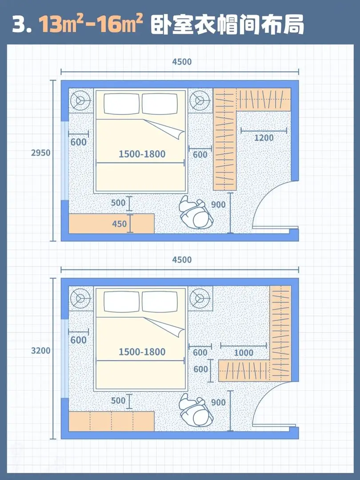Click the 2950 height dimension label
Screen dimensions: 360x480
pos(40,152)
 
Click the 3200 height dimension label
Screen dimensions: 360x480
pos(40,350)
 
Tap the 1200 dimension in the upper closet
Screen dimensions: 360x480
pos(264,138)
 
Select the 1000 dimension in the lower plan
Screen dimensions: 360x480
pos(244,352)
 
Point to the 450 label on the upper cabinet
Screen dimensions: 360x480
pos(120,224)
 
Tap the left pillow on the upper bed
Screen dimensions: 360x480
pos(122,104)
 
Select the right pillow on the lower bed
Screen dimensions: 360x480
pos(160,302)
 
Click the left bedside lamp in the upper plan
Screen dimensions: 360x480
pos(80,100)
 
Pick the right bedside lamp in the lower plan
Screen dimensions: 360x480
pos(200,299)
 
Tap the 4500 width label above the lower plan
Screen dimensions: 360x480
pos(182,260)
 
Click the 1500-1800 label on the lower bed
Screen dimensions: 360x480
pos(142,352)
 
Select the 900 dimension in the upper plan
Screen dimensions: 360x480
pos(218,204)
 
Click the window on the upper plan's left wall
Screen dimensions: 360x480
pos(64,161)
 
